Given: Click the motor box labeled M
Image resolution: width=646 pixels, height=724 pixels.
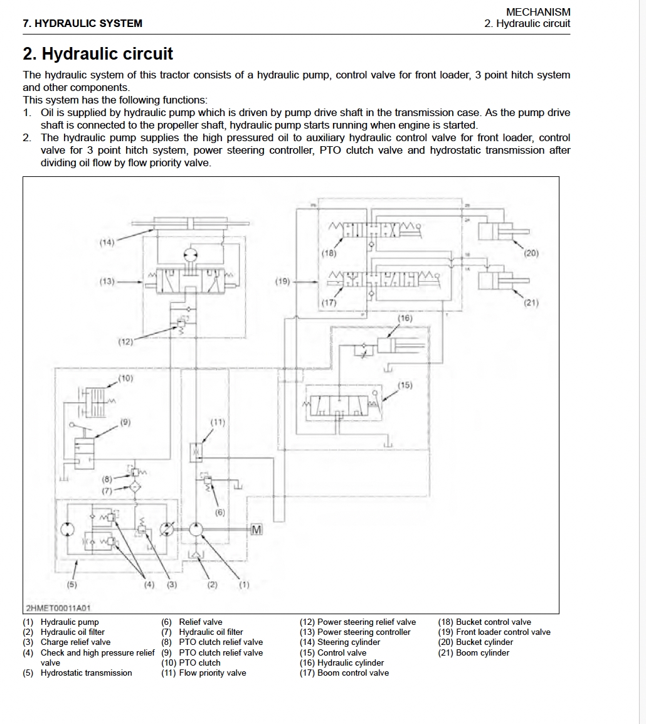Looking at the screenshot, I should click(x=255, y=530).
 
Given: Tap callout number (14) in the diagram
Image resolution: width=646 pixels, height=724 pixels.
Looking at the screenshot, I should click(x=107, y=242).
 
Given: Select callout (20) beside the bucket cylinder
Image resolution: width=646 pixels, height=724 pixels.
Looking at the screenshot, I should click(x=531, y=253).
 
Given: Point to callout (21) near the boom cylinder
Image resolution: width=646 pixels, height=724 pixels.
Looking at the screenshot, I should click(x=531, y=302).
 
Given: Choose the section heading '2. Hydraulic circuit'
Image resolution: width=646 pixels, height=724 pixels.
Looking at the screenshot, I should click(x=98, y=54).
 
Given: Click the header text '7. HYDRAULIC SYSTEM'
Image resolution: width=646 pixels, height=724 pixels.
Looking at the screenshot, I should click(x=82, y=24).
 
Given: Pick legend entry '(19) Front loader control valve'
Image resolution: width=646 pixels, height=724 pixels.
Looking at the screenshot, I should click(x=494, y=632).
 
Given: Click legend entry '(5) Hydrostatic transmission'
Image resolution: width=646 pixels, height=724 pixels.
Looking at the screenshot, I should click(x=78, y=673).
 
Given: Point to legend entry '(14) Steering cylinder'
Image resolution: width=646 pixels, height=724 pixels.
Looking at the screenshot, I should click(x=340, y=642).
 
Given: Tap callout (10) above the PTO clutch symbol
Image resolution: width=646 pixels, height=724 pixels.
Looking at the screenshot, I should click(x=125, y=378).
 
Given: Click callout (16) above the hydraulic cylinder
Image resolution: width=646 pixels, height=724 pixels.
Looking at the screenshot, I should click(x=405, y=318).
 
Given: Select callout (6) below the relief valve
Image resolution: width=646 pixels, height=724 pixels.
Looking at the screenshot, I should click(x=220, y=512).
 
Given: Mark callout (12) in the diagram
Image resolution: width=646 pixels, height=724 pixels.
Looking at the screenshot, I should click(x=125, y=342).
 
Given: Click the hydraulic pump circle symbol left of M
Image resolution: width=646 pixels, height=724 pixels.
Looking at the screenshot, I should click(x=195, y=530).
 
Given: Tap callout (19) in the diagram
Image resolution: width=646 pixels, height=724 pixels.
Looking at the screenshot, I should click(x=283, y=282).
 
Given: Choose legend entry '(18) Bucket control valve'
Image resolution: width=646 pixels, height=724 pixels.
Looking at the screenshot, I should click(x=485, y=622).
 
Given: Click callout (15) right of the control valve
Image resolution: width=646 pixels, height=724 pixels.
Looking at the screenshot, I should click(x=405, y=385).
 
